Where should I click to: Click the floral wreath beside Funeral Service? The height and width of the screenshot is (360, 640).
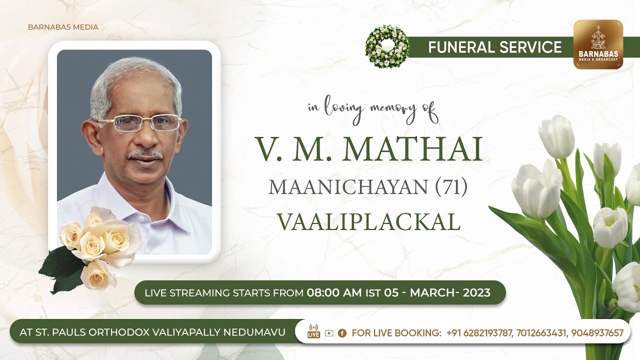386,46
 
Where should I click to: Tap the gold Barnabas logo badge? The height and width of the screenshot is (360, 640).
598,44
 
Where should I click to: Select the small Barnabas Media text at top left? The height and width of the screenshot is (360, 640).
63,27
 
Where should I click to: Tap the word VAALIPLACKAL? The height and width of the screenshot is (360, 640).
368,222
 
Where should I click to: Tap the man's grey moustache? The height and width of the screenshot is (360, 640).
145,154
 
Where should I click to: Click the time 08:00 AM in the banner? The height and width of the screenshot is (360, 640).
334,292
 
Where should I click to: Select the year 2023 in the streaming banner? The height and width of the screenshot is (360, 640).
477,292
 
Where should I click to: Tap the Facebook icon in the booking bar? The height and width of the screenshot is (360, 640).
342,333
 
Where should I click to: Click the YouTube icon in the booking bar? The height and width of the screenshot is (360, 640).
328,333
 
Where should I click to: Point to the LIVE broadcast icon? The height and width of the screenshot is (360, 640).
313,331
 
